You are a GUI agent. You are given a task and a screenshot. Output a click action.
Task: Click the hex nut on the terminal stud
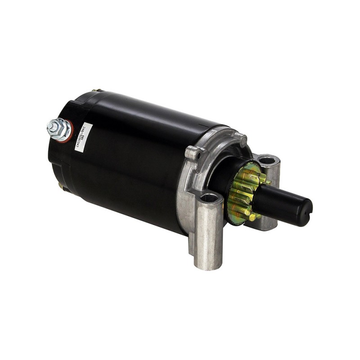point(59,130)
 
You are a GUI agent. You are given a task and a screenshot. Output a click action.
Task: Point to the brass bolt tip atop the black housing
point(94,91)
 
